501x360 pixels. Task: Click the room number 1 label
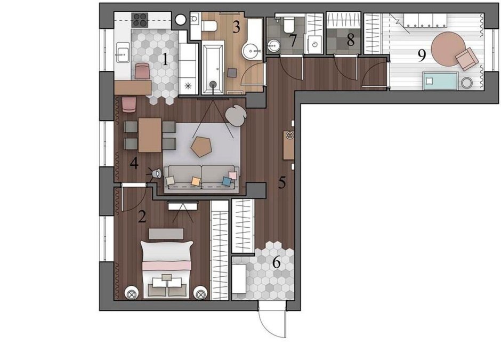click(x=165, y=59)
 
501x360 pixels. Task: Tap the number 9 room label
click(x=422, y=56)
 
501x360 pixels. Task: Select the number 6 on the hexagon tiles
click(x=277, y=262)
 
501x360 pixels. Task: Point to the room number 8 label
click(x=351, y=41)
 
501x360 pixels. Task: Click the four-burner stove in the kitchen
click(x=140, y=20)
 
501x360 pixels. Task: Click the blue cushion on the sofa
click(x=227, y=181)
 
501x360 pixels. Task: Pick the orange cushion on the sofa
click(x=196, y=181)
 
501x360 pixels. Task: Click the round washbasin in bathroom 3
click(x=251, y=51)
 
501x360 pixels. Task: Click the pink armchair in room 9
click(x=467, y=59)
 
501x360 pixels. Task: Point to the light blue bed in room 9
click(x=440, y=80)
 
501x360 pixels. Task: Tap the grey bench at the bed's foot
click(x=166, y=234)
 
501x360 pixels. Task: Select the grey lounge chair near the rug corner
click(x=236, y=115)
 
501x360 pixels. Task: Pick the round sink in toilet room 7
click(x=273, y=46)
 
